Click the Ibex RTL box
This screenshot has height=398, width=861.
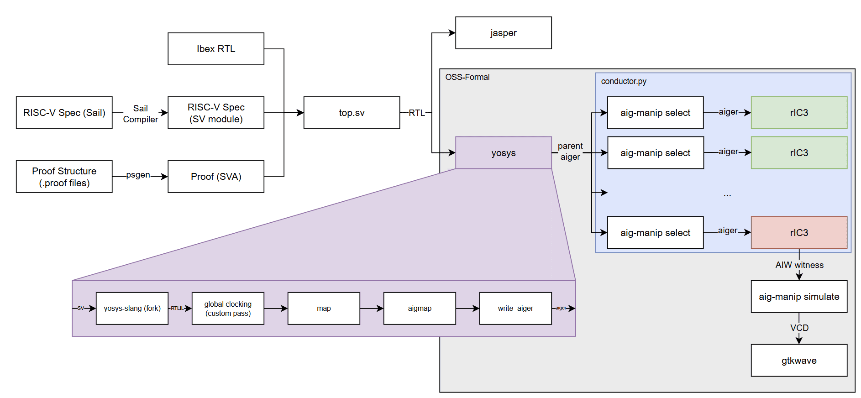215,49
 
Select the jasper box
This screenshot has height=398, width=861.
503,33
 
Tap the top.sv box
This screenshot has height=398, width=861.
352,113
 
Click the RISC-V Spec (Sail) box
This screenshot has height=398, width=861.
64,113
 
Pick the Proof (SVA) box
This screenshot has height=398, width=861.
215,177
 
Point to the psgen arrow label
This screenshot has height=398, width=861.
138,175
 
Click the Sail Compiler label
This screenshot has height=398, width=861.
140,114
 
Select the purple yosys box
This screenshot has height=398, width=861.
503,153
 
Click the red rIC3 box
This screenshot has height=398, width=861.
798,233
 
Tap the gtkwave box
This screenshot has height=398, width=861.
798,361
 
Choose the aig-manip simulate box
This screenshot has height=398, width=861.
798,297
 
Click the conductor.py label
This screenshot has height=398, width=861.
623,81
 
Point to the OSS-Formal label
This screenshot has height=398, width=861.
467,77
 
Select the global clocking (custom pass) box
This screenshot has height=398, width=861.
228,309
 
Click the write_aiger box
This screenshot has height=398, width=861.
515,309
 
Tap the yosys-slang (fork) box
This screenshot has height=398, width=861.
132,309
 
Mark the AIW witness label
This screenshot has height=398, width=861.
799,265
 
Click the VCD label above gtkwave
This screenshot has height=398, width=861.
799,328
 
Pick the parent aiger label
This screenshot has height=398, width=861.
570,152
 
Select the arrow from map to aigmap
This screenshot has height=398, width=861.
372,309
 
